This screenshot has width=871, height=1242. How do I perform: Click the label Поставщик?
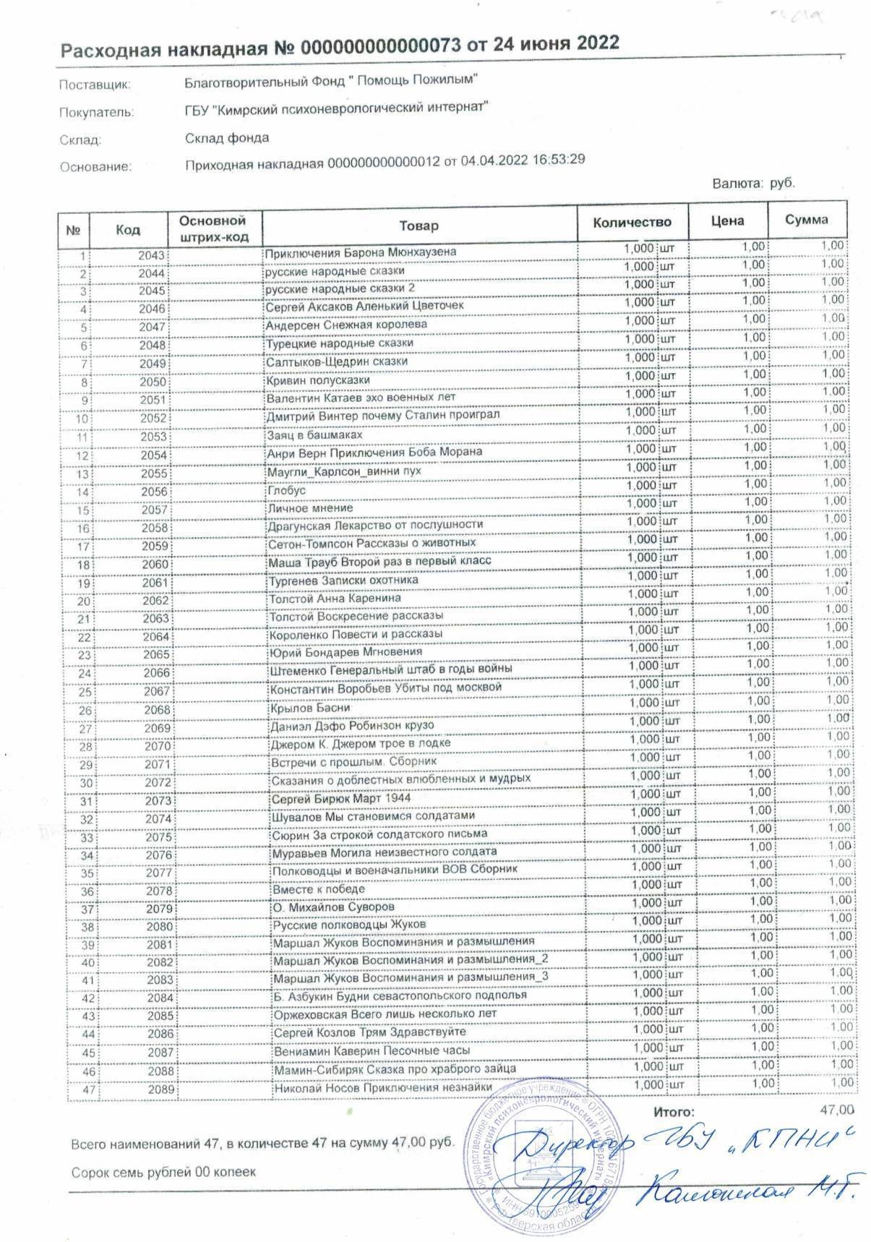click(x=95, y=85)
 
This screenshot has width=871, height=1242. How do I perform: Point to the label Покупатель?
click(x=96, y=112)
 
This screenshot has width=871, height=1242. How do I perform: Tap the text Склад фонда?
click(x=227, y=137)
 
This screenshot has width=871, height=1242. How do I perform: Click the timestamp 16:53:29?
click(x=558, y=159)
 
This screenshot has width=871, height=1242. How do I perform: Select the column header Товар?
click(x=419, y=226)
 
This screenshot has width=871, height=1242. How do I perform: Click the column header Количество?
click(x=632, y=222)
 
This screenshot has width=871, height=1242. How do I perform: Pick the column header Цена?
click(x=727, y=220)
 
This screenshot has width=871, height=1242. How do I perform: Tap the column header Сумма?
click(x=807, y=220)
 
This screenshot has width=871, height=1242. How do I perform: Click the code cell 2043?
click(x=153, y=255)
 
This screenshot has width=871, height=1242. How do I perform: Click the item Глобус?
click(x=287, y=490)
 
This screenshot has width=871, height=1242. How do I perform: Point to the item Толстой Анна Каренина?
click(x=335, y=599)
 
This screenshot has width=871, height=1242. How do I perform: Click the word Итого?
click(x=673, y=1113)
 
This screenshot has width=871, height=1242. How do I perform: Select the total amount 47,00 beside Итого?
click(x=837, y=1110)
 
